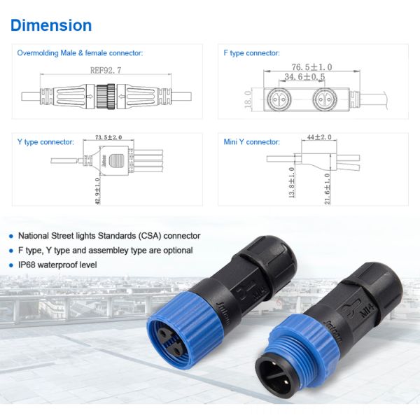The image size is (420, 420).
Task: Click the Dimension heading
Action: [x=51, y=26]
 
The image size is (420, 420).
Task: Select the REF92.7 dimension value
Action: [x=106, y=70]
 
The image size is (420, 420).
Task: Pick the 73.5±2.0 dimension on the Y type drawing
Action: [x=108, y=138]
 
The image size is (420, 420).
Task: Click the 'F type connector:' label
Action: [x=251, y=53]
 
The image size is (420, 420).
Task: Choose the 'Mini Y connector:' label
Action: [x=251, y=142]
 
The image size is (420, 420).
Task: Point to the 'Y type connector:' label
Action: [x=45, y=142]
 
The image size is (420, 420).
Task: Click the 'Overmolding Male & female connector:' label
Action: [x=80, y=53]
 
